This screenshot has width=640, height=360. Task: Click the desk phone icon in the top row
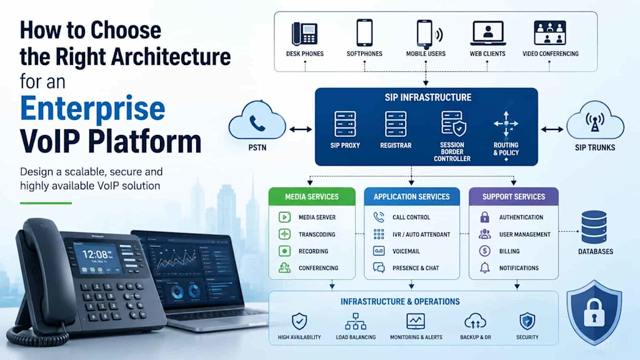[304, 34]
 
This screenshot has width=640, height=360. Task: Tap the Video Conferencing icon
[550, 32]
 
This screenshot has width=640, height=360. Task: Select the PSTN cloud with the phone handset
[257, 121]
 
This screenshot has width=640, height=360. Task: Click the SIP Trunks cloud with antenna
[595, 121]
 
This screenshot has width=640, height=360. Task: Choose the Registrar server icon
[396, 124]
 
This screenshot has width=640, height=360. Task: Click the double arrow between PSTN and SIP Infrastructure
[301, 130]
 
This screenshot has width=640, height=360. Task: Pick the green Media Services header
[312, 196]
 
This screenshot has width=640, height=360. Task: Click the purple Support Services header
[514, 196]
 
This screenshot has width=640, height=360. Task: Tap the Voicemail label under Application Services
[406, 251]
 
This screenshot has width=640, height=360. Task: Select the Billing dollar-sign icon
[484, 251]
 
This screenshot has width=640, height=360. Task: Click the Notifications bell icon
[484, 267]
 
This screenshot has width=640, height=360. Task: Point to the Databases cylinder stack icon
[594, 227]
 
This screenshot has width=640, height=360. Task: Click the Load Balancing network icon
[356, 322]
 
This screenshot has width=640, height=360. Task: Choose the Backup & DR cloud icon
[475, 322]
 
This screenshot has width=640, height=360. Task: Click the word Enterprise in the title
[92, 109]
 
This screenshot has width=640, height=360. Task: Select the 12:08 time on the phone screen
[95, 255]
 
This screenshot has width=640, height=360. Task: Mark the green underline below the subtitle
[46, 203]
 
